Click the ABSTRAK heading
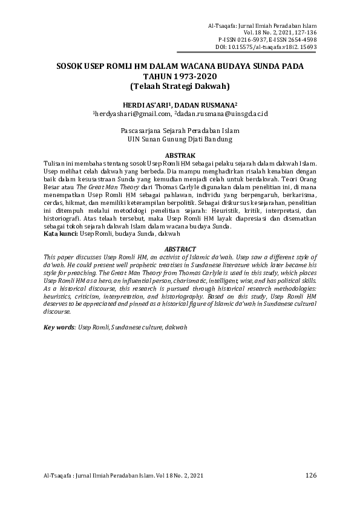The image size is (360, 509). pyautogui.click(x=180, y=155)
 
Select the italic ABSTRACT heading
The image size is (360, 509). pyautogui.click(x=180, y=249)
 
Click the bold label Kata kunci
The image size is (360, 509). pyautogui.click(x=61, y=233)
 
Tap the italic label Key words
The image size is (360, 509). pyautogui.click(x=59, y=327)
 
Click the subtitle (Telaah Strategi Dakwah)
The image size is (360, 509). pyautogui.click(x=180, y=86)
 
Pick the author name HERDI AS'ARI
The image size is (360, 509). pyautogui.click(x=145, y=104)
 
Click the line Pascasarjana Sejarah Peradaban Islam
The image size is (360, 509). pyautogui.click(x=180, y=131)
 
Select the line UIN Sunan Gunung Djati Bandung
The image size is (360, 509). pyautogui.click(x=180, y=139)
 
